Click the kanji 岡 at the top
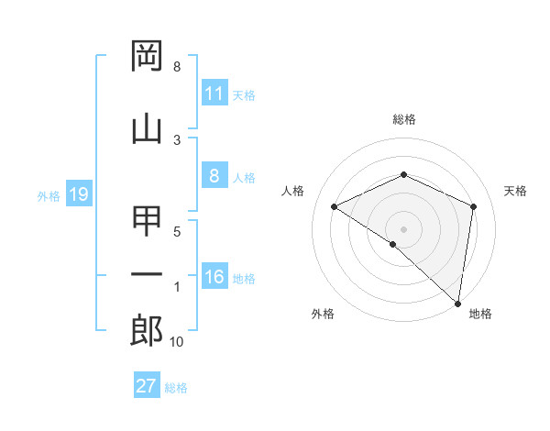coord(148,57)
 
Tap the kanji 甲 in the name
coord(148,222)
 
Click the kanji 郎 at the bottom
coord(148,331)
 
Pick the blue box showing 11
coord(214,94)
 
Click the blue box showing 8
coord(214,176)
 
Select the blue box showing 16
coord(214,277)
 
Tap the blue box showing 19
coord(78,194)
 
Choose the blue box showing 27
coord(147,386)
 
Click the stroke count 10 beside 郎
coord(177,342)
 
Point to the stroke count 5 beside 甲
coord(177,232)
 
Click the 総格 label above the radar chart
coord(404,119)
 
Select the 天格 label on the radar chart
coord(515,191)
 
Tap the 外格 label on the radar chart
coord(323,314)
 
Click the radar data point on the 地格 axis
coord(458,303)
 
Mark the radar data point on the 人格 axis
coord(335,206)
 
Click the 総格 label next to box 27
coord(177,388)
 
